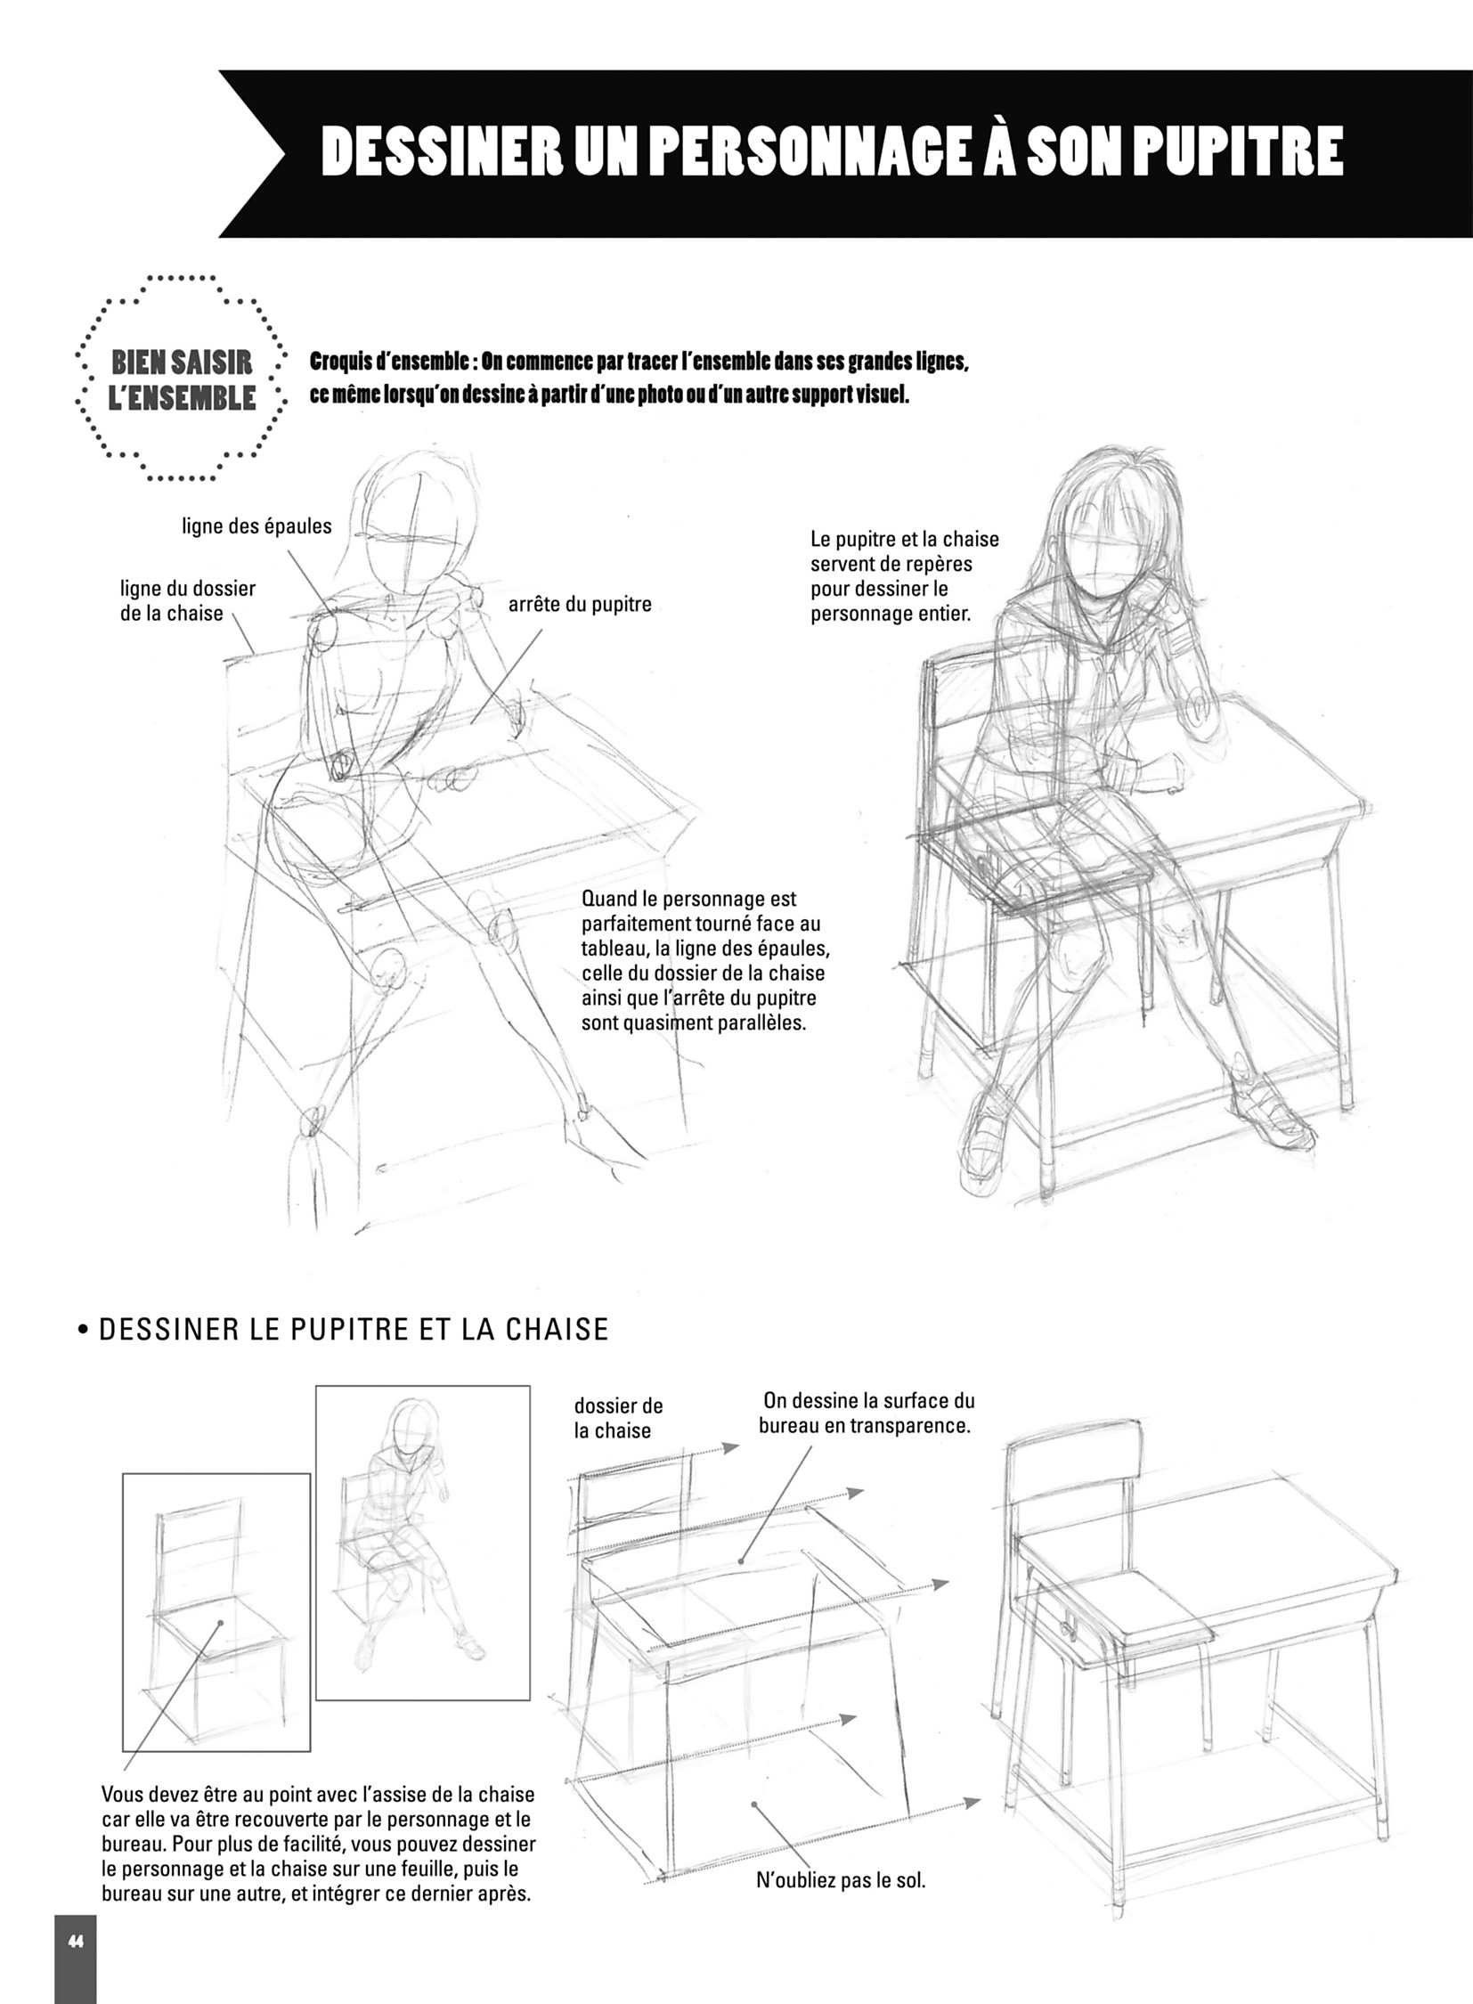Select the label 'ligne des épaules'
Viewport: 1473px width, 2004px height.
click(x=256, y=526)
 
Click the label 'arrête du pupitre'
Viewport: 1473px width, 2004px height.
click(x=580, y=604)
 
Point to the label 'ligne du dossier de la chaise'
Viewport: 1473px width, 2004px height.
click(x=188, y=600)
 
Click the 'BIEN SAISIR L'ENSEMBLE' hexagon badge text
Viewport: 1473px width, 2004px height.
click(x=182, y=379)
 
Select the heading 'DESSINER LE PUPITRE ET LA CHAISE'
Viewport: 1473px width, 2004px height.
click(x=353, y=1329)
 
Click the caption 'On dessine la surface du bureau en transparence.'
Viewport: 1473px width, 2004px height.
click(x=865, y=1413)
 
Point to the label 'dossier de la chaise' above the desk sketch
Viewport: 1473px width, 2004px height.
click(x=619, y=1418)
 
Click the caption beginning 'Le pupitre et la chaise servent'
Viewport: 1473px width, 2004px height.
click(x=905, y=576)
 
